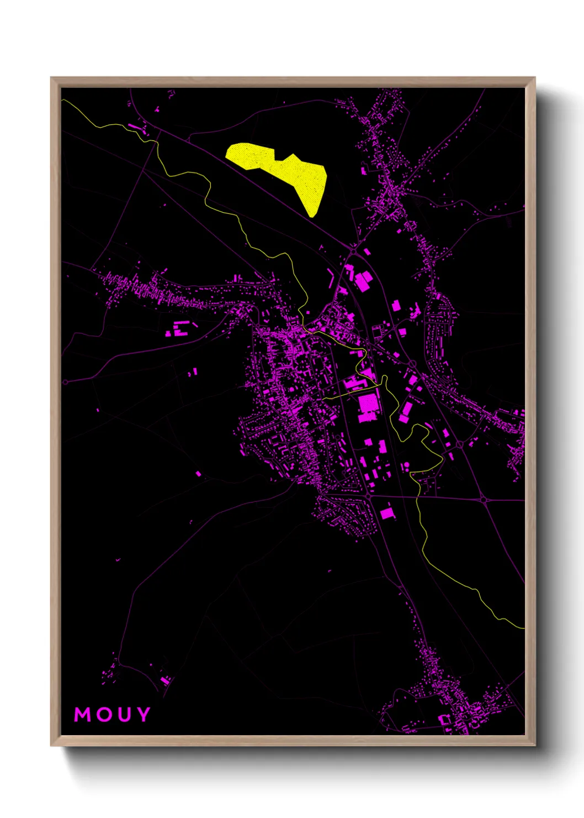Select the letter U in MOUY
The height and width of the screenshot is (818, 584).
[124, 715]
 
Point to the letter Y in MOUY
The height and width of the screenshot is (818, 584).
[144, 715]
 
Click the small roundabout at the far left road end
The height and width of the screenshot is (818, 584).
[66, 382]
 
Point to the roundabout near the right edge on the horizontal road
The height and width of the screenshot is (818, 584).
[484, 500]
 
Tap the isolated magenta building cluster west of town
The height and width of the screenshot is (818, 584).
[178, 330]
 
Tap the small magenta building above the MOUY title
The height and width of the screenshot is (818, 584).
[165, 679]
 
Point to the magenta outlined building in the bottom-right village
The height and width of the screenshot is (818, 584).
[445, 720]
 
